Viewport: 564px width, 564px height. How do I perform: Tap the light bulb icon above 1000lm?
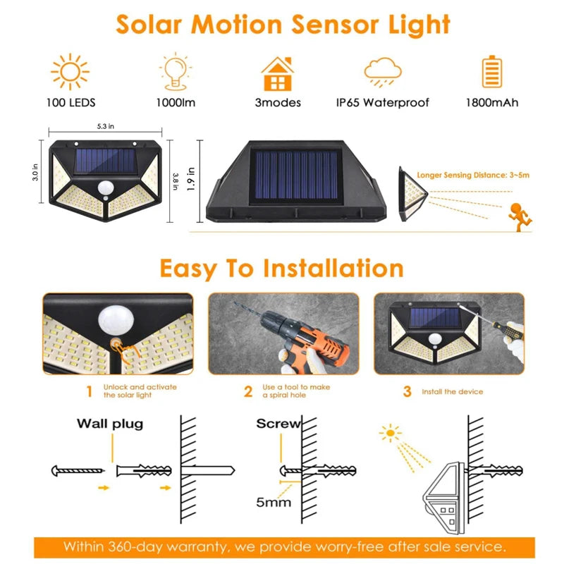coord(176,72)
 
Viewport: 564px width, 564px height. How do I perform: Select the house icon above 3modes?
coord(277,73)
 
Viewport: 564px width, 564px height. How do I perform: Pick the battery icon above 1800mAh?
coord(491,72)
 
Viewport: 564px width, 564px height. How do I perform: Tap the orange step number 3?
coord(407,391)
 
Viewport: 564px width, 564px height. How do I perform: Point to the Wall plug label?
coord(110,424)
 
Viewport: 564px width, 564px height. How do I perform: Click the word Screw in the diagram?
coord(278,424)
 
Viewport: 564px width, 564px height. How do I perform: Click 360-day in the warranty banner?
coord(149,546)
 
